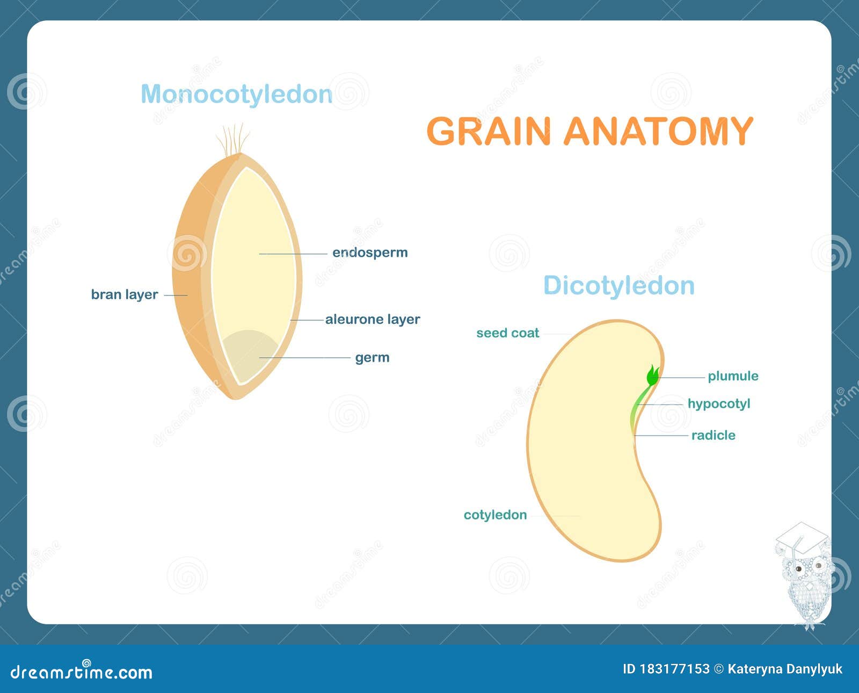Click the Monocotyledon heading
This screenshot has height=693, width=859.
tap(236, 95)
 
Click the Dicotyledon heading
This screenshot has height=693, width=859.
tap(618, 285)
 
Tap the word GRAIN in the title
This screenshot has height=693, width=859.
tap(489, 131)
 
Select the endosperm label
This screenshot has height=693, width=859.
tap(370, 252)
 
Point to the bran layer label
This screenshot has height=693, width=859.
tap(125, 294)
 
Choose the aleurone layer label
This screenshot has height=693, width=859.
tap(373, 319)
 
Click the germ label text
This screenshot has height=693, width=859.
tap(372, 358)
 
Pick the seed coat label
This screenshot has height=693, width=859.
tap(507, 333)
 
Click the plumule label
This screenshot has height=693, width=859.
tap(733, 376)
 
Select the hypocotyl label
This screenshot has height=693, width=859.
tap(719, 403)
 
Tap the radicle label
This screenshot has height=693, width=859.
tap(713, 435)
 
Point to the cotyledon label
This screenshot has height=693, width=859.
tap(495, 515)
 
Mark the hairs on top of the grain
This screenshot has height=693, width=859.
tap(233, 139)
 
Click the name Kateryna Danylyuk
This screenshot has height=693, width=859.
tap(785, 669)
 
